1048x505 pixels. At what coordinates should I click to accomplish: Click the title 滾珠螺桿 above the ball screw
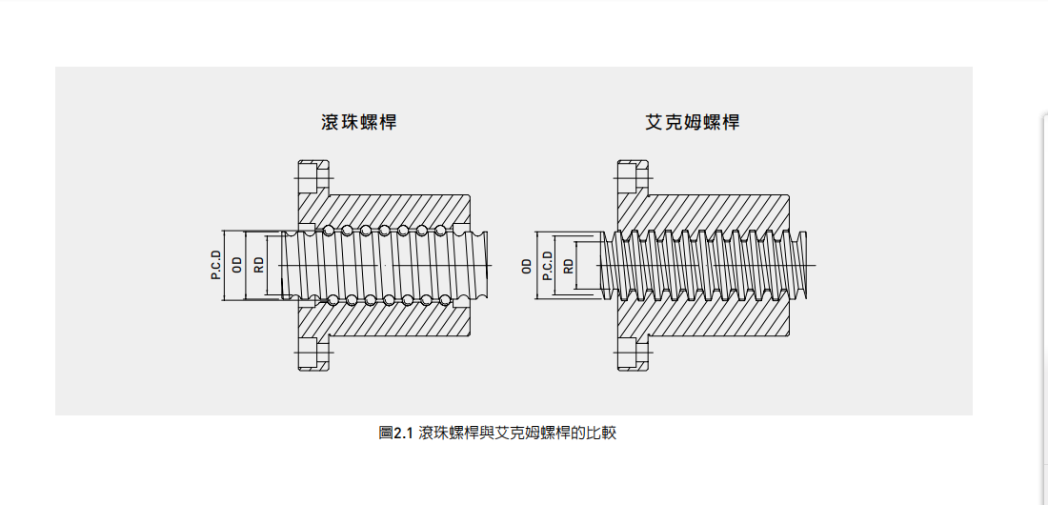pyautogui.click(x=359, y=122)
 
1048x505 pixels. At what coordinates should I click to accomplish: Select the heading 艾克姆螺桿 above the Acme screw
pyautogui.click(x=693, y=122)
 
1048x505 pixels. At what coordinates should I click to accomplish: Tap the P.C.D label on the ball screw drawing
pyautogui.click(x=216, y=265)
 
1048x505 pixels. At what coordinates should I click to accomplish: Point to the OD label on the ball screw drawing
pyautogui.click(x=237, y=265)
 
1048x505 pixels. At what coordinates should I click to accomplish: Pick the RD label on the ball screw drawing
pyautogui.click(x=258, y=265)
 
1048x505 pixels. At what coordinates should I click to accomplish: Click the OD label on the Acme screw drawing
pyautogui.click(x=527, y=266)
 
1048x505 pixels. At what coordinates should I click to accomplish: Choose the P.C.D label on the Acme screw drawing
pyautogui.click(x=548, y=266)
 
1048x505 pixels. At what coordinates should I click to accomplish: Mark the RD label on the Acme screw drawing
pyautogui.click(x=569, y=266)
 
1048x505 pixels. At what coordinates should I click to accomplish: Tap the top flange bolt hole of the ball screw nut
pyautogui.click(x=313, y=178)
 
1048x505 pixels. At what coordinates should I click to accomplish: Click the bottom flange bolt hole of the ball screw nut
pyautogui.click(x=313, y=353)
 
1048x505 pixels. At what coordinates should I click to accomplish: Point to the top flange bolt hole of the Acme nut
pyautogui.click(x=633, y=178)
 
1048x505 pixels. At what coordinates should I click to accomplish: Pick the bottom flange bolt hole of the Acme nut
pyautogui.click(x=633, y=353)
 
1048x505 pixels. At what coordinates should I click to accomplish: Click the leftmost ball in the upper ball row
pyautogui.click(x=328, y=231)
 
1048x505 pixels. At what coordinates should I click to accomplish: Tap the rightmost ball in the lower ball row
pyautogui.click(x=440, y=299)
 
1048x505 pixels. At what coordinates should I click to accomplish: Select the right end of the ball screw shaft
pyautogui.click(x=487, y=266)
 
